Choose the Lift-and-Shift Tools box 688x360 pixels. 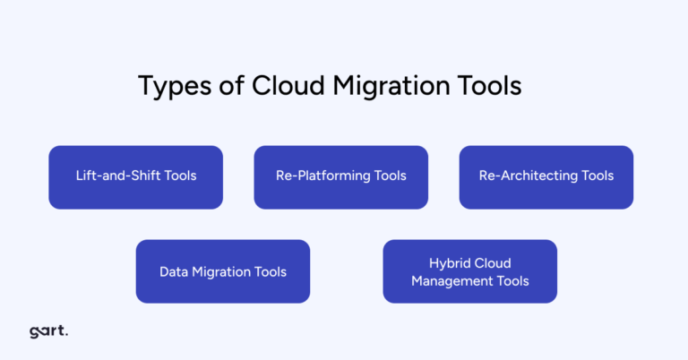point(135,176)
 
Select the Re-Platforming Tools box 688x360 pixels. point(340,176)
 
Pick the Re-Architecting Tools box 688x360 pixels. point(546,176)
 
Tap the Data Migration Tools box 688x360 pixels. point(223,270)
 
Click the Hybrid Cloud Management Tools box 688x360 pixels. point(469,270)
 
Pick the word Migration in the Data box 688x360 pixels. point(220,270)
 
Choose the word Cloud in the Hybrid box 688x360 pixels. point(494,262)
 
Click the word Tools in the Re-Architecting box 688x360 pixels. point(597,176)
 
